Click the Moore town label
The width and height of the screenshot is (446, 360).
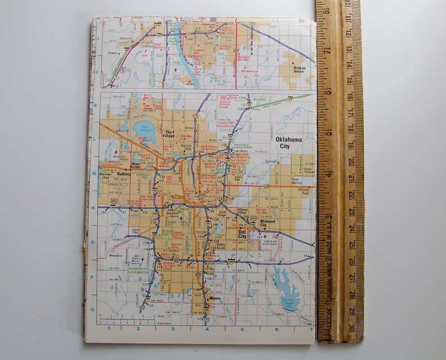[214, 298]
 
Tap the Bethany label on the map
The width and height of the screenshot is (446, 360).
[124, 175]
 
